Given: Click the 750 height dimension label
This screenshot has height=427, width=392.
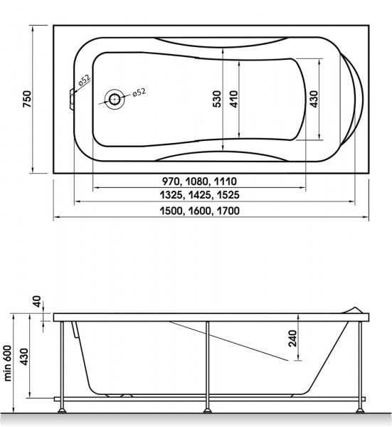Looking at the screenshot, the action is pyautogui.click(x=27, y=99).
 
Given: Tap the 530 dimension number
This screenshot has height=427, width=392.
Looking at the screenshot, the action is pyautogui.click(x=217, y=99).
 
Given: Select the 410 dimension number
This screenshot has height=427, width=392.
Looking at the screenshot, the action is pyautogui.click(x=233, y=99).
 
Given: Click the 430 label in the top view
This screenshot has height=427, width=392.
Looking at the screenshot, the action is pyautogui.click(x=314, y=99).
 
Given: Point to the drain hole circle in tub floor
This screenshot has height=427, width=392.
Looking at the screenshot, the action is pyautogui.click(x=115, y=100).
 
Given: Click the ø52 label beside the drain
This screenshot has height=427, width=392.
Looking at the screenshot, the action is pyautogui.click(x=139, y=93).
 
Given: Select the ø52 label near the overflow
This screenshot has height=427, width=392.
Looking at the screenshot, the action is pyautogui.click(x=84, y=80).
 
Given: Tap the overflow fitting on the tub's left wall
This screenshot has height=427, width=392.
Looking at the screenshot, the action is pyautogui.click(x=72, y=99).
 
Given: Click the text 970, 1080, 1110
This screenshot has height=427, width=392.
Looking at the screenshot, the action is pyautogui.click(x=199, y=181).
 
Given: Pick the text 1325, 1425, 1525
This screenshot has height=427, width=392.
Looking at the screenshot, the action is pyautogui.click(x=199, y=195).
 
